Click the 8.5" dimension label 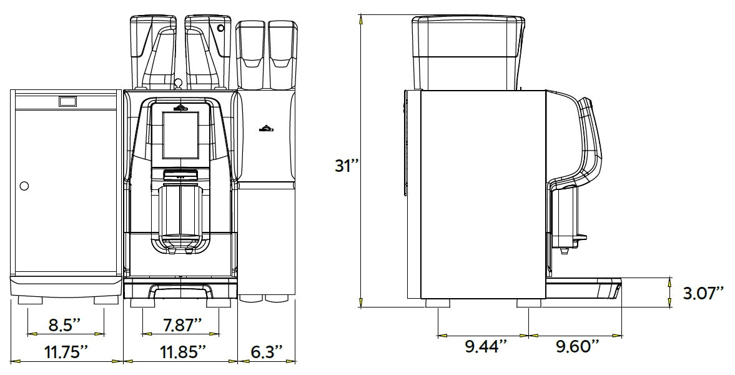[x=66, y=324]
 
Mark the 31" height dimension [x=347, y=166]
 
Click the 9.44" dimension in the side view [x=486, y=347]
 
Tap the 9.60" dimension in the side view [x=578, y=347]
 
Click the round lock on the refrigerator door [x=24, y=186]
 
